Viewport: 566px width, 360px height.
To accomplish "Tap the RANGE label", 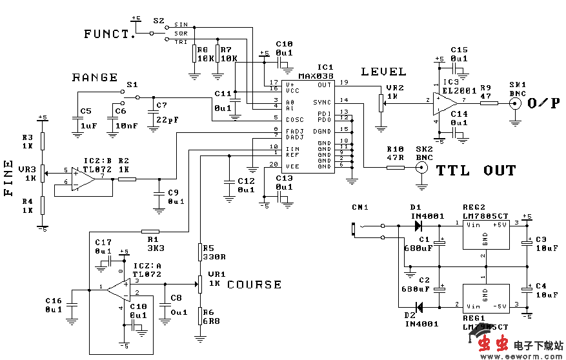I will pos(95,77).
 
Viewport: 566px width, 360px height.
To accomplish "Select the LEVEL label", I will pos(383,72).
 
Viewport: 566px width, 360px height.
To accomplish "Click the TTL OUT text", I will pos(476,171).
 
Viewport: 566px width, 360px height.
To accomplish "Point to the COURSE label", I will pos(254,285).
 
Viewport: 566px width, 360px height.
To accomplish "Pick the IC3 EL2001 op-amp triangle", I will pos(446,102).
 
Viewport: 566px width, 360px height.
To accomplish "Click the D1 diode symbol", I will pos(418,226).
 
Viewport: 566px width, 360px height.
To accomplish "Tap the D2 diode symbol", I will pos(418,306).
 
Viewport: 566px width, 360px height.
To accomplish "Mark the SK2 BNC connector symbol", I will pos(422,168).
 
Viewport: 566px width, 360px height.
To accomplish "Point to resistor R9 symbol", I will pos(489,103).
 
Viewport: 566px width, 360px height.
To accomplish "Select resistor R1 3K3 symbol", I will pos(150,230).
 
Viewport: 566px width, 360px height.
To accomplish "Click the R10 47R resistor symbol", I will pos(395,168).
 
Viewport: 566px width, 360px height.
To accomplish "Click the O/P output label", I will pos(543,103).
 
